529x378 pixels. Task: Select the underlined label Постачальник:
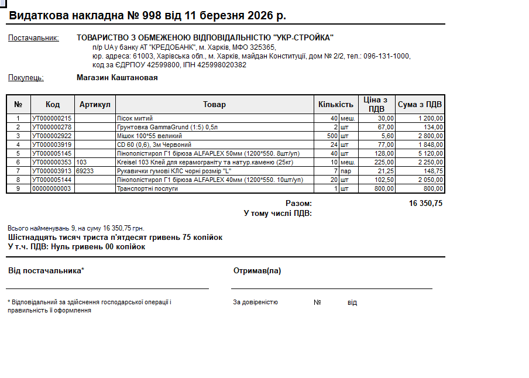pos(33,38)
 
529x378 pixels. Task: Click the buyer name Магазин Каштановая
pos(117,77)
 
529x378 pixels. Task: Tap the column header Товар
pos(214,104)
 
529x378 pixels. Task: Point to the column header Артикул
pos(95,104)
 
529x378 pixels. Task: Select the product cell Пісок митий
pos(135,118)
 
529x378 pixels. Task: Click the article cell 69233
pos(85,171)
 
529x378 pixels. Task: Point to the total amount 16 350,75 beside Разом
pos(425,204)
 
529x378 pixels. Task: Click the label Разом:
pos(298,204)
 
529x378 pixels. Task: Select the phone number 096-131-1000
pos(387,56)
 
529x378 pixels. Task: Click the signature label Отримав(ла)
pos(257,271)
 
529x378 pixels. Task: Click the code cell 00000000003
pos(51,188)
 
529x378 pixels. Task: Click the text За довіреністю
pos(255,303)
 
